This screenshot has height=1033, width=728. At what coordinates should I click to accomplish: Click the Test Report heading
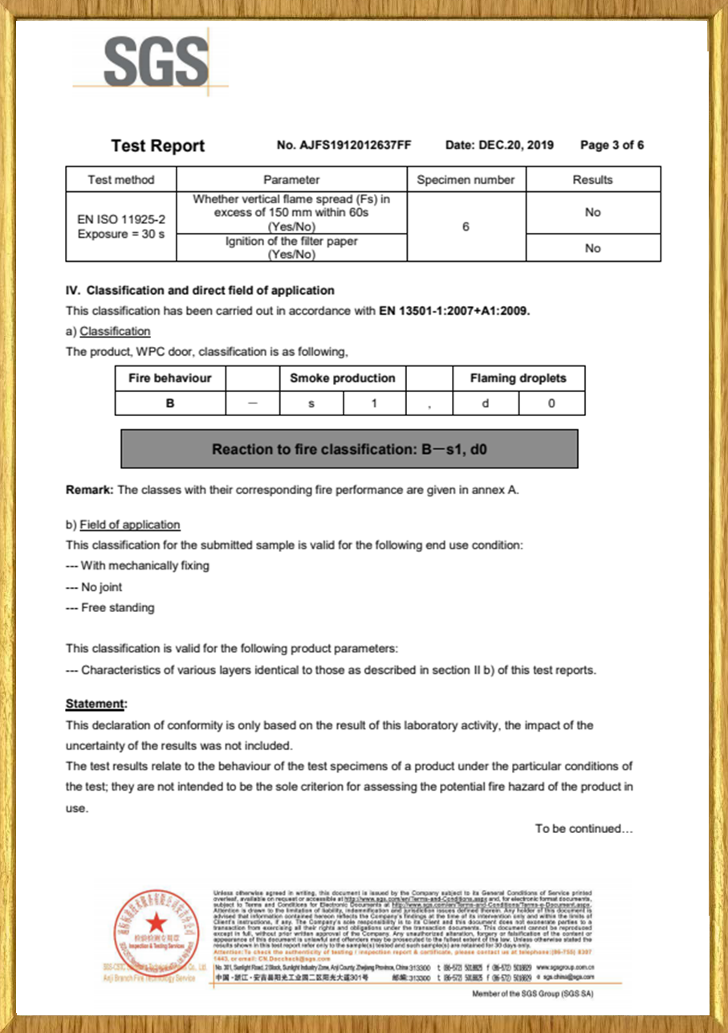pyautogui.click(x=158, y=146)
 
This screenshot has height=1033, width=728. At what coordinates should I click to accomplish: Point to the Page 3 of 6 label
pyautogui.click(x=612, y=145)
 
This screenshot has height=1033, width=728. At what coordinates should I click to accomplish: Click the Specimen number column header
pyautogui.click(x=466, y=180)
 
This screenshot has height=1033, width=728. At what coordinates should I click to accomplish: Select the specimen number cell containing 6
pyautogui.click(x=466, y=227)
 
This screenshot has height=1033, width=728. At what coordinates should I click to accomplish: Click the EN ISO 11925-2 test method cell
pyautogui.click(x=121, y=226)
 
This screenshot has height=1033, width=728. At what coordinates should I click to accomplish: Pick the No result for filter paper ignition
pyautogui.click(x=592, y=248)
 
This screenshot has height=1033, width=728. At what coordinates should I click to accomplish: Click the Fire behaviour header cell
pyautogui.click(x=170, y=378)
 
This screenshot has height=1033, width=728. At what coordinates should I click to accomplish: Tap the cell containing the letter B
pyautogui.click(x=170, y=403)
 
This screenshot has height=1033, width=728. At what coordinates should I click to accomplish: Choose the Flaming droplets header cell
pyautogui.click(x=518, y=378)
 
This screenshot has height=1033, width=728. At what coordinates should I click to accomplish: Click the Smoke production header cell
pyautogui.click(x=342, y=378)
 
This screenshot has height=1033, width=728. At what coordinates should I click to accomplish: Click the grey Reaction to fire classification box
pyautogui.click(x=349, y=449)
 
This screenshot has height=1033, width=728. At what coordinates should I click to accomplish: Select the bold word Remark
pyautogui.click(x=89, y=490)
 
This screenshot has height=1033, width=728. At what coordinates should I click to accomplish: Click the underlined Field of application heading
pyautogui.click(x=129, y=525)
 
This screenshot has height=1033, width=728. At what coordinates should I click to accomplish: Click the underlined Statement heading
pyautogui.click(x=96, y=704)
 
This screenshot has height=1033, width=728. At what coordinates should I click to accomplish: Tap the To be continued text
pyautogui.click(x=584, y=828)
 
